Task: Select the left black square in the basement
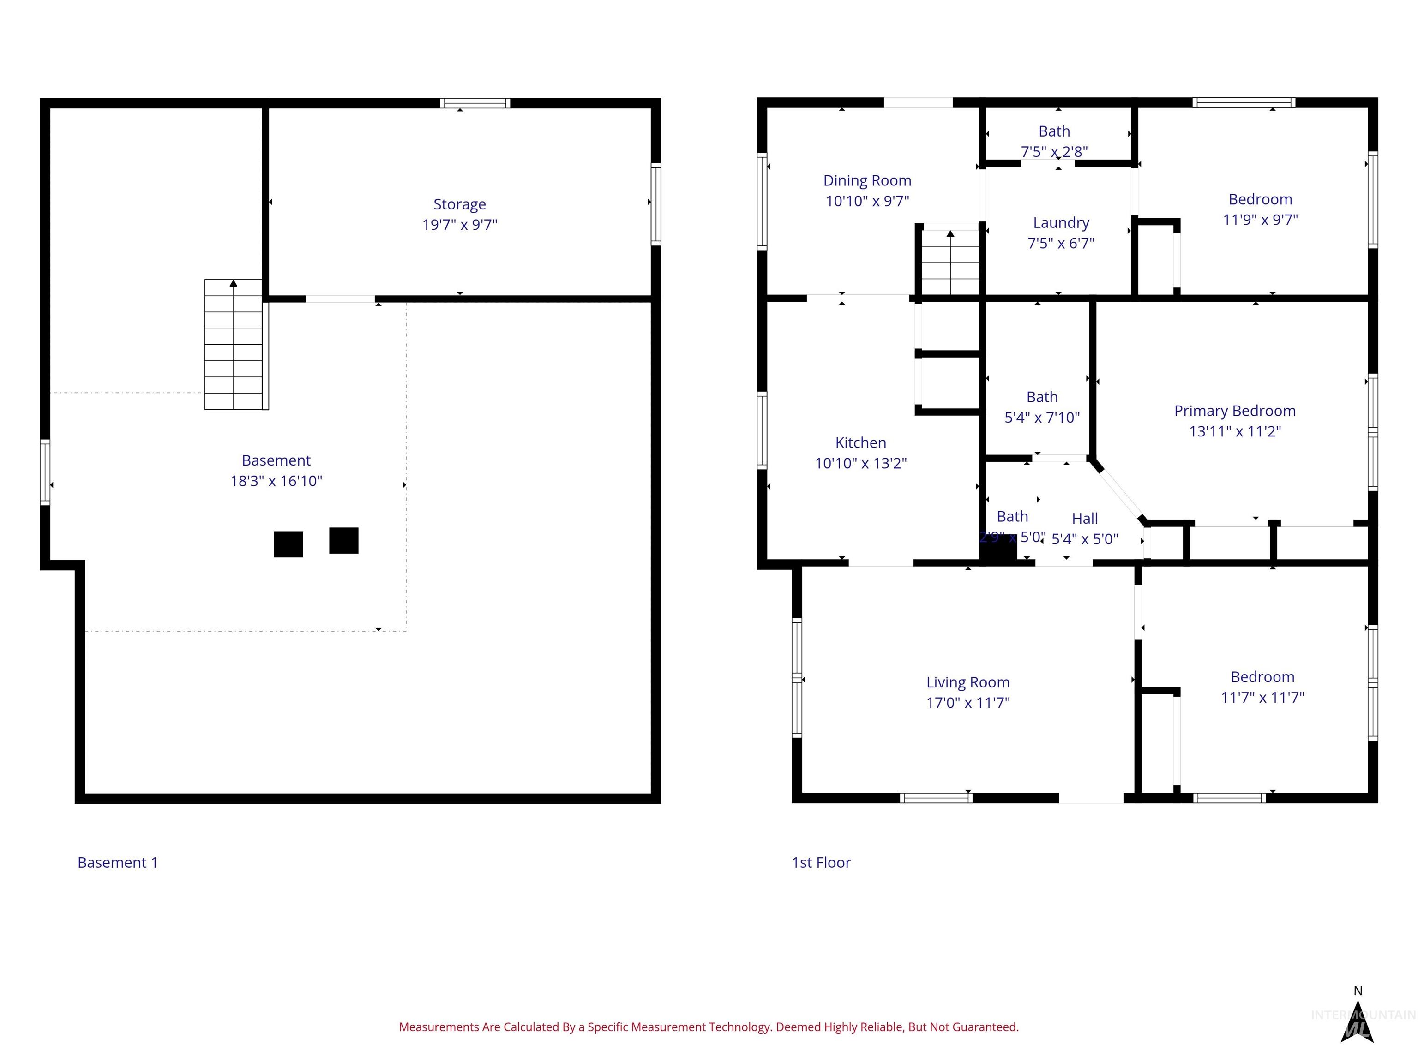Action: [x=288, y=544]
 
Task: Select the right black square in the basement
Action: [x=343, y=540]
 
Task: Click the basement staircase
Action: [x=234, y=344]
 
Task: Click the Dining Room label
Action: [x=867, y=181]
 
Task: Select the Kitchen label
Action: [x=860, y=443]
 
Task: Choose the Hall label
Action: [x=1085, y=519]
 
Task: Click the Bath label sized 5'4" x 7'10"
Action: [x=1042, y=397]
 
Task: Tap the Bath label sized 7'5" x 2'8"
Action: [x=1054, y=131]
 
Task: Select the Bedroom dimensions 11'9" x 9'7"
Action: [x=1260, y=220]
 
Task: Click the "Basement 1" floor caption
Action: [x=117, y=862]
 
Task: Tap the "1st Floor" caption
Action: [x=821, y=862]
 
